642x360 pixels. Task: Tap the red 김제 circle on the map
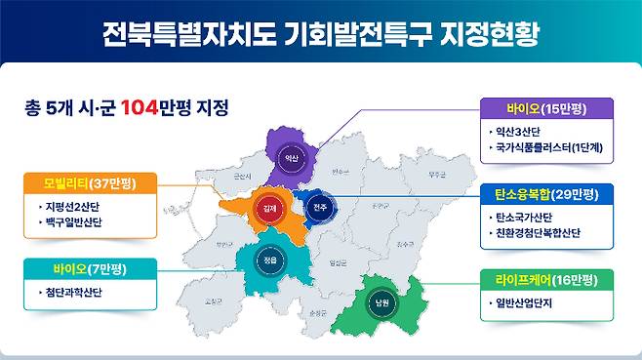pos(269,208)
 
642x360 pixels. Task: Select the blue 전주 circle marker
pos(319,208)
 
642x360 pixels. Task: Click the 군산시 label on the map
pos(241,176)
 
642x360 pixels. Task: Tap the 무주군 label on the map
pos(411,177)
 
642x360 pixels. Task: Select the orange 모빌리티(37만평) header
pos(85,183)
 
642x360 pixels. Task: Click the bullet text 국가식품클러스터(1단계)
pos(549,148)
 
